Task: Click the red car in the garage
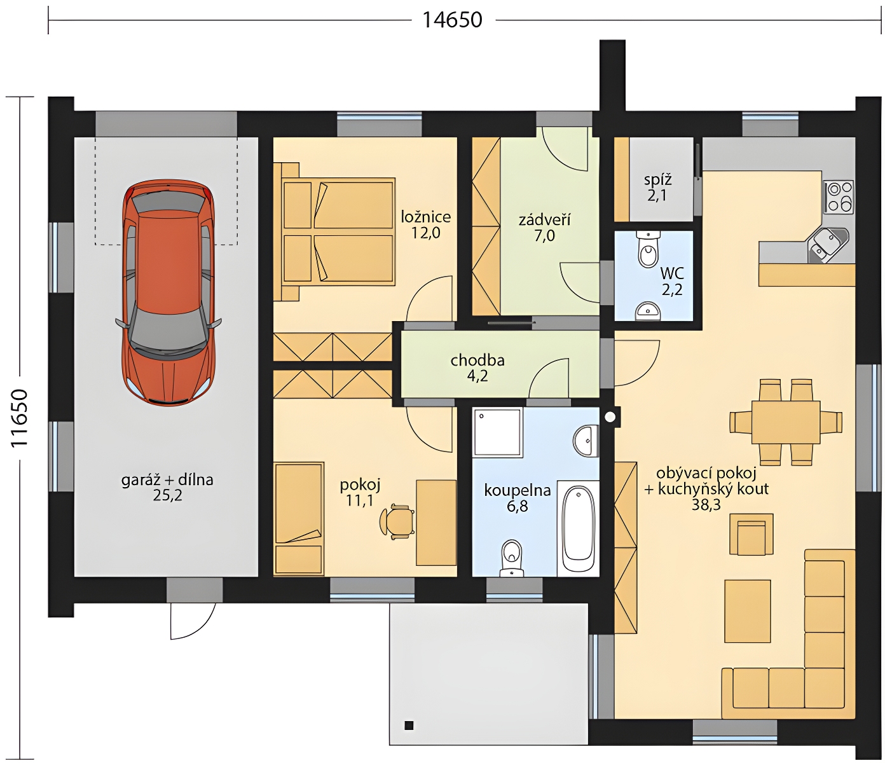click(x=168, y=293)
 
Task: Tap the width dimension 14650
click(x=452, y=20)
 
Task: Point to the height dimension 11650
click(x=19, y=418)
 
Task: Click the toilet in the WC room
click(x=648, y=249)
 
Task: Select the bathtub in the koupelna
click(x=578, y=529)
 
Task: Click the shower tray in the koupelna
click(x=498, y=432)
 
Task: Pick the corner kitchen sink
click(x=828, y=246)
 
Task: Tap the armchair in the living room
click(x=751, y=534)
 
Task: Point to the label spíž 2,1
click(x=657, y=187)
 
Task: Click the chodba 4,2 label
click(x=477, y=368)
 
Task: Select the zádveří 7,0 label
click(x=544, y=228)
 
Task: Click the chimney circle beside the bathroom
click(x=610, y=416)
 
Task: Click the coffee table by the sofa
click(x=748, y=611)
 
